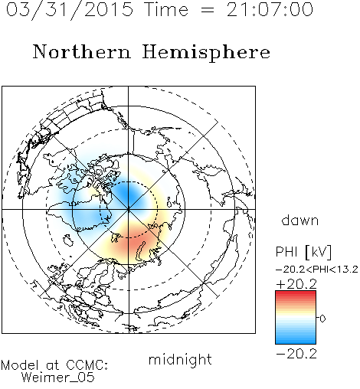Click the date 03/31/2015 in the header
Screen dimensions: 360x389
click(x=70, y=9)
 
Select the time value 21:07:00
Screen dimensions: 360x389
click(x=270, y=9)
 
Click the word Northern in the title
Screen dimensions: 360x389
click(x=82, y=51)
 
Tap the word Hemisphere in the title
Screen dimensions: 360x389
click(x=206, y=53)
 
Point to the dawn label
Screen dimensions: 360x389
click(x=300, y=221)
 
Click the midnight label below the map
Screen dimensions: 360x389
click(x=180, y=359)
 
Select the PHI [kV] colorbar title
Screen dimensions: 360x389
click(x=303, y=252)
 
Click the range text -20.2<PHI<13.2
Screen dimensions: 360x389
click(x=317, y=270)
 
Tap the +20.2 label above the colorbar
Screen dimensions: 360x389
click(x=296, y=284)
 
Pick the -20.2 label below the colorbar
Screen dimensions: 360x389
click(x=296, y=354)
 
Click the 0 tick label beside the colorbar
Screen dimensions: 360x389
click(x=322, y=319)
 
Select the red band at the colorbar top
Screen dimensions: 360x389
click(x=296, y=293)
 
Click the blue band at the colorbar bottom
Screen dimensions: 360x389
click(x=296, y=341)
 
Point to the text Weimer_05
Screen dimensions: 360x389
click(x=58, y=377)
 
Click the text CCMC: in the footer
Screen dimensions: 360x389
click(x=87, y=365)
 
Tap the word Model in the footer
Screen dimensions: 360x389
click(x=20, y=365)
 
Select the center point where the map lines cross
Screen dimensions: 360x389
click(x=129, y=209)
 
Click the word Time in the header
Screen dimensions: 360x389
click(x=166, y=9)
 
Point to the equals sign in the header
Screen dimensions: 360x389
click(x=208, y=10)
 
